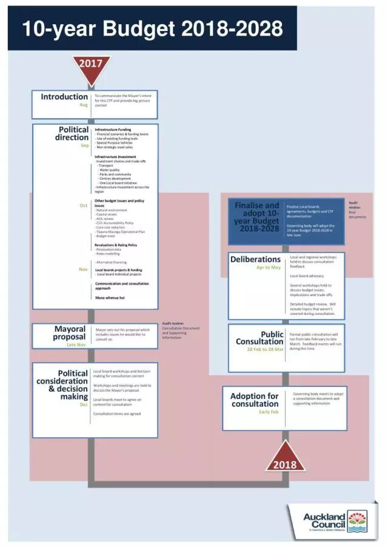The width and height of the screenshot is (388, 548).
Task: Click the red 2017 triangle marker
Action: (x=92, y=66)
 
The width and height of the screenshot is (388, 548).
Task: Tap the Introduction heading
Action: (x=64, y=97)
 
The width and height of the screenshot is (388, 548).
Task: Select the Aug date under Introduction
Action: (x=84, y=105)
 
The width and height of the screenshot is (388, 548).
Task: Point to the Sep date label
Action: (x=84, y=145)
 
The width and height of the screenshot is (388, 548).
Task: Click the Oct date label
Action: (x=84, y=205)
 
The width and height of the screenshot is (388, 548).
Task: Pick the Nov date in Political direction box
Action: (x=84, y=269)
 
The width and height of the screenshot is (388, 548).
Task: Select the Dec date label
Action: (x=84, y=404)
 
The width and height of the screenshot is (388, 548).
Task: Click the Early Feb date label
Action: (x=269, y=412)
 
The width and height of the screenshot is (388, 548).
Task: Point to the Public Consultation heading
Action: (x=259, y=338)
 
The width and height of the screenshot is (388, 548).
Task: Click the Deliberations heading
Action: (x=255, y=259)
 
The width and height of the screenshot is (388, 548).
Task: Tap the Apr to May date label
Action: (x=269, y=267)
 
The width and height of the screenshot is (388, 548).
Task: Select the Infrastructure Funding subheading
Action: (x=113, y=130)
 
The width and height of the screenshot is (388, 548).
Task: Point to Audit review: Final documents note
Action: (x=357, y=210)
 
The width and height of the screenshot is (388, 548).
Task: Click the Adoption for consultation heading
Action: (x=255, y=400)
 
